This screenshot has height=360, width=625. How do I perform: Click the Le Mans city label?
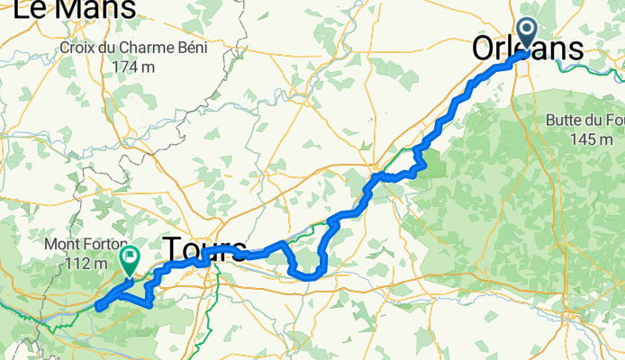(74, 9)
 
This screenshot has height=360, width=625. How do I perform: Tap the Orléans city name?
(529, 50)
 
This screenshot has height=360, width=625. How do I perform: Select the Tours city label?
(204, 248)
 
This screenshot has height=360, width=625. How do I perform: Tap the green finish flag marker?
(130, 260)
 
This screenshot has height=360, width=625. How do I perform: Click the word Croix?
(78, 48)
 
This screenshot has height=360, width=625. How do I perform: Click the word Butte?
(566, 121)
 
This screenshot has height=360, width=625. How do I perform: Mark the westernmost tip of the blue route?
(95, 309)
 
